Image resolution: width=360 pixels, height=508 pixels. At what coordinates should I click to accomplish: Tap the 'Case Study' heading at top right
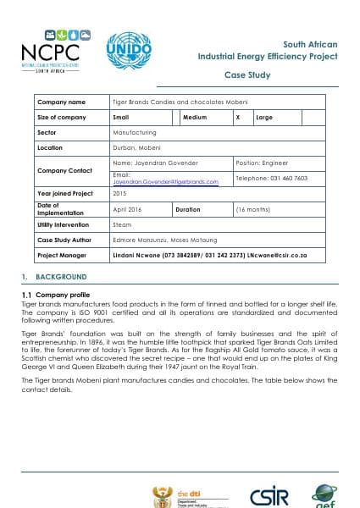[x=314, y=75]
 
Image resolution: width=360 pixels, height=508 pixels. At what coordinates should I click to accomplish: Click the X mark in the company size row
[x=239, y=117]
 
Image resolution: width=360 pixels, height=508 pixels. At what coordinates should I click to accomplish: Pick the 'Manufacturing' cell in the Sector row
[x=134, y=132]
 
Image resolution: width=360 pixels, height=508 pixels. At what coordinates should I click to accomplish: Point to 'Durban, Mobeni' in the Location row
[x=136, y=147]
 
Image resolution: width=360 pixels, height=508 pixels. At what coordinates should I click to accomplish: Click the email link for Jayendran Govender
[x=165, y=181]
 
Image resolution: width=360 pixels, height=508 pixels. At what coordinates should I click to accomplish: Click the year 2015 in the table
[x=119, y=194]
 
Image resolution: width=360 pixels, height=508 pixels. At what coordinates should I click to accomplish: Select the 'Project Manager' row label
[x=63, y=254]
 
